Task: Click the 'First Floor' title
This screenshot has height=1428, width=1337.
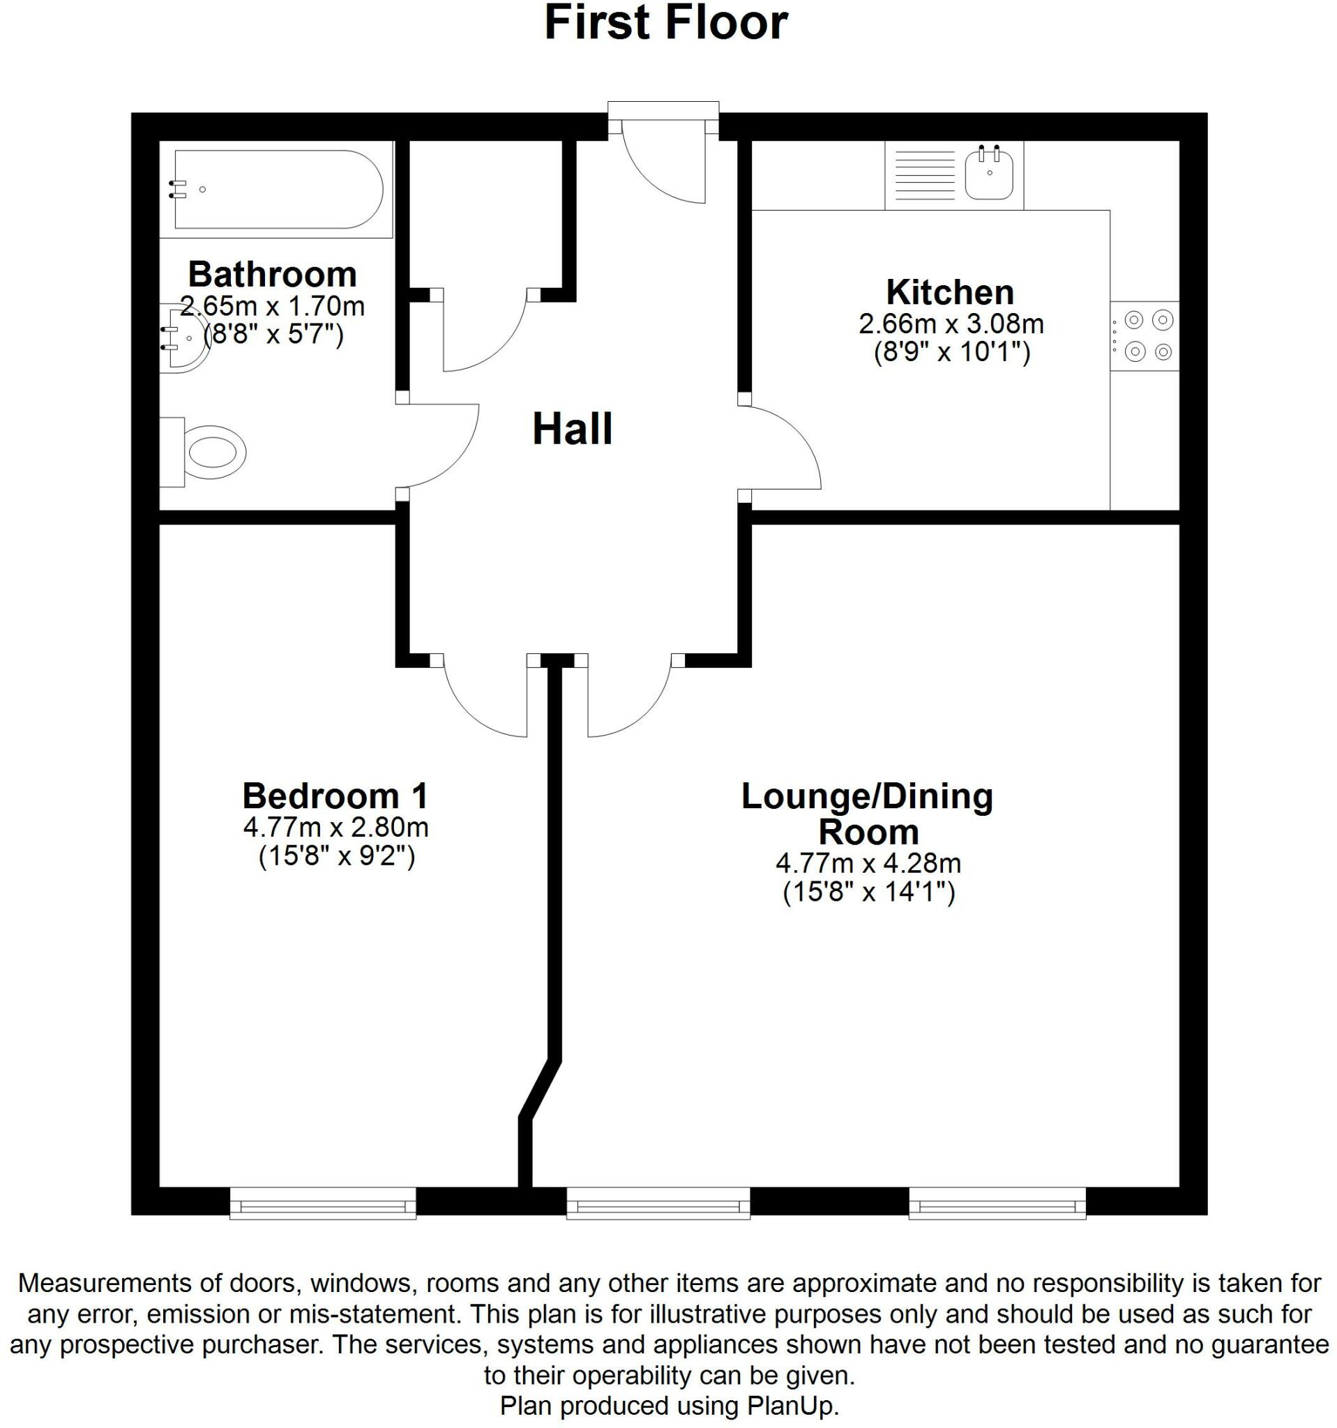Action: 666,23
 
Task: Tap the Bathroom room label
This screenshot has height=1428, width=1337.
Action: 272,275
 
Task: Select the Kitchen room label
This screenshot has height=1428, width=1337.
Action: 950,292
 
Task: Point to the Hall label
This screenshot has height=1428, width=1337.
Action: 572,430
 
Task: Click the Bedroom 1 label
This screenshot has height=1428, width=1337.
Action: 335,796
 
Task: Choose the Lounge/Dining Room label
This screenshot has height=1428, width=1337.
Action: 867,814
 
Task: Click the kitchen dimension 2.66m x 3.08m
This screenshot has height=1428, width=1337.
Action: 951,325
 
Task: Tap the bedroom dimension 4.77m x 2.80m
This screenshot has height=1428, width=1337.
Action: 335,828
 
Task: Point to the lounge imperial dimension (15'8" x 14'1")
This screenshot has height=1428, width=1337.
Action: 868,893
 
